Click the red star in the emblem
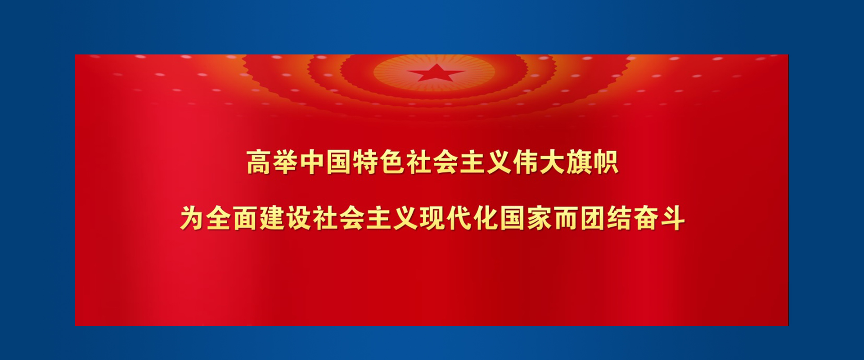click(436, 72)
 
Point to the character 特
click(365, 162)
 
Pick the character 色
click(391, 162)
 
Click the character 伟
click(525, 162)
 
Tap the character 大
click(551, 162)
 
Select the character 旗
click(578, 162)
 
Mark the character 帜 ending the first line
click(605, 162)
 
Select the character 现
click(432, 219)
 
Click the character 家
click(539, 219)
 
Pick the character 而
click(566, 219)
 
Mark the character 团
click(592, 219)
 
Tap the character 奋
click(646, 219)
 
